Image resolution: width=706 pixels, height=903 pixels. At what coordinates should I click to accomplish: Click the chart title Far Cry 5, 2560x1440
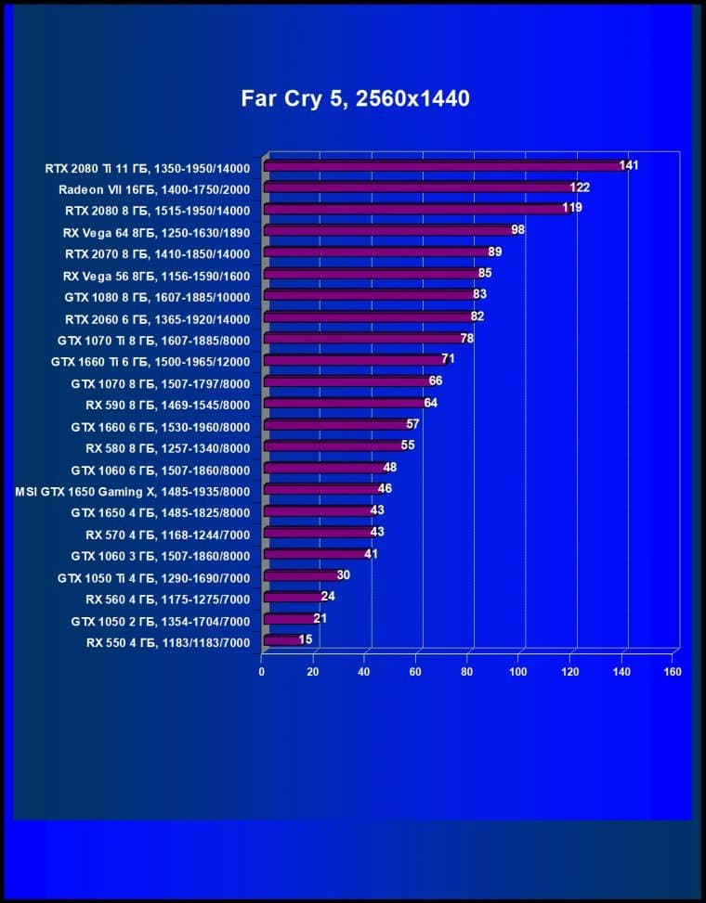click(356, 98)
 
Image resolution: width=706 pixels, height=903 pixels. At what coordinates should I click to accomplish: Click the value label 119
click(572, 208)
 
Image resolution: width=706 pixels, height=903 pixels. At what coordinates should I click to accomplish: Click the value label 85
click(485, 274)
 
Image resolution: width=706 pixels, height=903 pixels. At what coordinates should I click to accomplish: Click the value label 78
click(467, 339)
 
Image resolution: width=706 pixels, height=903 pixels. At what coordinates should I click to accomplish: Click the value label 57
click(413, 424)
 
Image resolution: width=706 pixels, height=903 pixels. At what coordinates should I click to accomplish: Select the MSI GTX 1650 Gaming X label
click(133, 490)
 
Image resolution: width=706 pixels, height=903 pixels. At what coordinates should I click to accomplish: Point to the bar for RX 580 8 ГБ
click(335, 446)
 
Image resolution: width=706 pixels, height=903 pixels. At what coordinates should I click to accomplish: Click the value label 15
click(306, 639)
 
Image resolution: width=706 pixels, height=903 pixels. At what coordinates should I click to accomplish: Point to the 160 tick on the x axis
click(673, 671)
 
